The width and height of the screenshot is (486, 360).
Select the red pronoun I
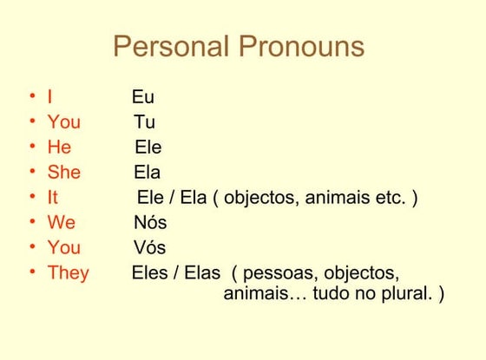50,97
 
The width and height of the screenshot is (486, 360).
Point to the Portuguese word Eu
143,97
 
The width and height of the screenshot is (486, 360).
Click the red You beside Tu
64,122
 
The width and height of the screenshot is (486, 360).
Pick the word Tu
145,122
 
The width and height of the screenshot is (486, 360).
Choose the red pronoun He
59,147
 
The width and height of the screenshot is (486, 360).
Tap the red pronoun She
64,173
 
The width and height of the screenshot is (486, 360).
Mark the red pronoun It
53,198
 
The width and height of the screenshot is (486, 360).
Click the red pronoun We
62,223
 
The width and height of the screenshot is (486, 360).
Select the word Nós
150,223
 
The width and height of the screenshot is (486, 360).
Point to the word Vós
149,248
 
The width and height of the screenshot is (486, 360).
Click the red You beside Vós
64,248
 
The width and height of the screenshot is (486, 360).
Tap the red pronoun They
69,273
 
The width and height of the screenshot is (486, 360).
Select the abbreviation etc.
391,198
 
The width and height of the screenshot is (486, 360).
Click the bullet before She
32,173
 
